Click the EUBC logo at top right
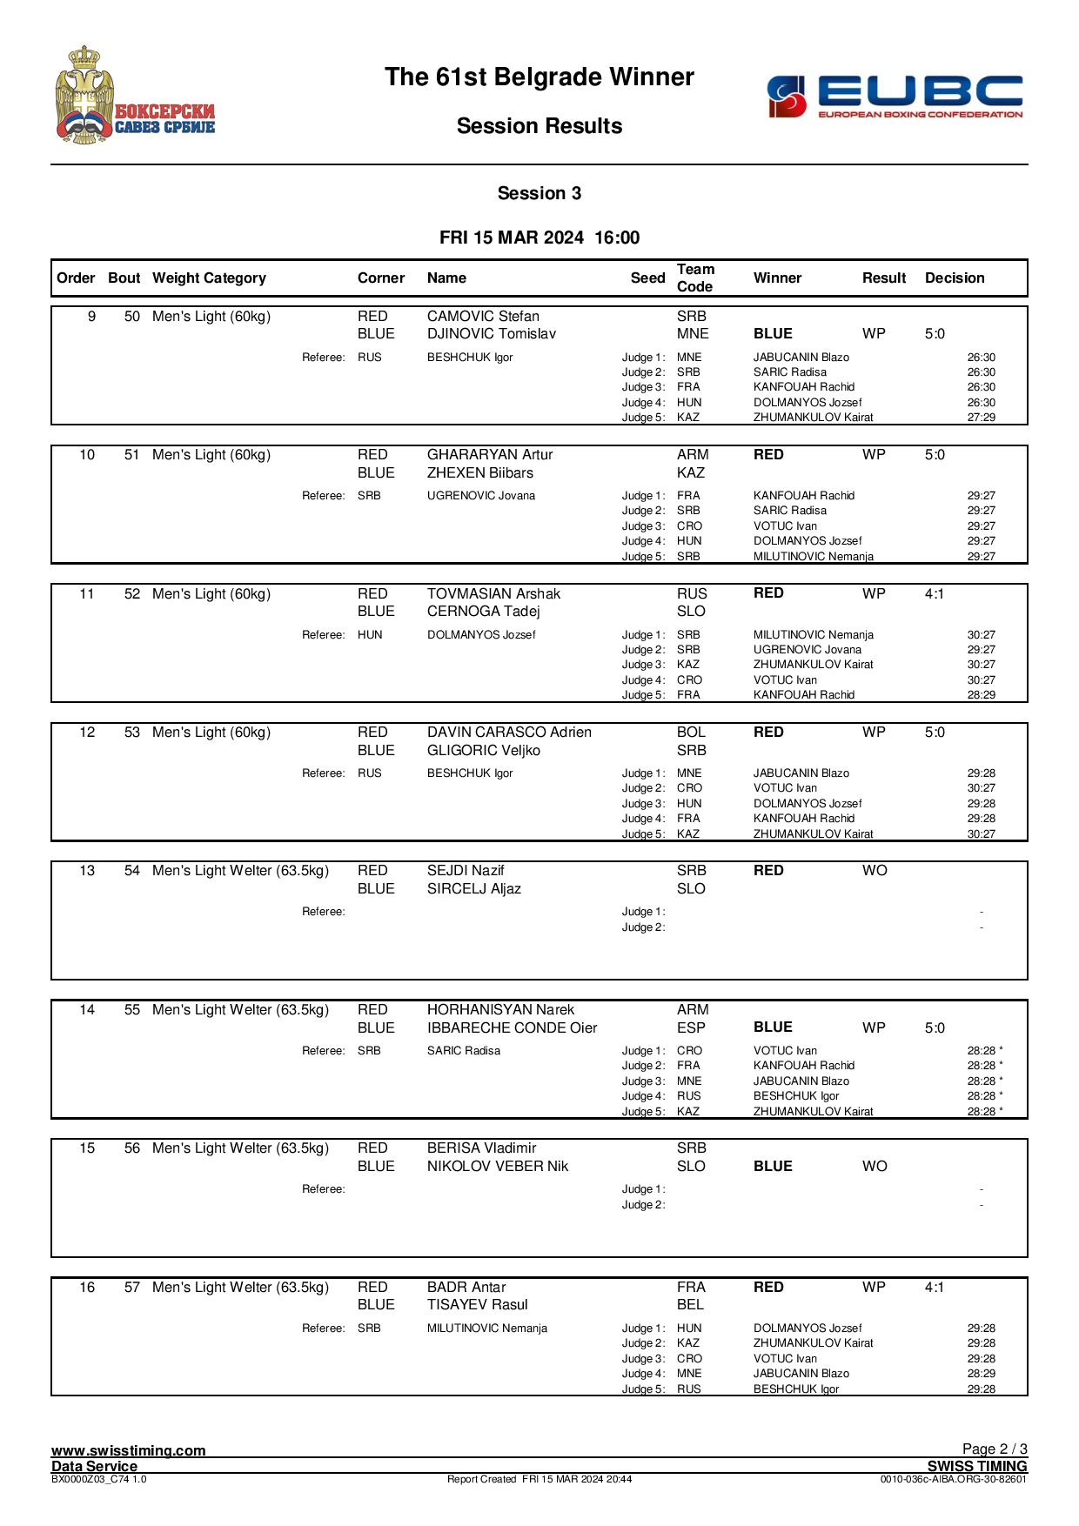coord(895,96)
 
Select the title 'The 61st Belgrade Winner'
coord(539,77)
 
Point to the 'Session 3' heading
coord(539,193)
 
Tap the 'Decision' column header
coord(955,278)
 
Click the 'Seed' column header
coord(647,278)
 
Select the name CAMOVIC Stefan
coord(483,317)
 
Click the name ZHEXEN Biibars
coord(480,473)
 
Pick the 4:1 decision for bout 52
coord(935,594)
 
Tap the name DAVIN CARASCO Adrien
coord(509,733)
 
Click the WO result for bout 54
coord(875,871)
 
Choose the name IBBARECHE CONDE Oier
coord(512,1028)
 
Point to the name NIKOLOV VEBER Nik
coord(498,1167)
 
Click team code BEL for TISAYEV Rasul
coord(691,1305)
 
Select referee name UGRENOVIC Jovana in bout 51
coord(481,496)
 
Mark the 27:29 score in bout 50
coord(982,418)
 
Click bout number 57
coord(132,1288)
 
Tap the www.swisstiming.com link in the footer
coord(129,1450)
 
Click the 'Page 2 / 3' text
coord(995,1449)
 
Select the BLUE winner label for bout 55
coord(773,1028)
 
